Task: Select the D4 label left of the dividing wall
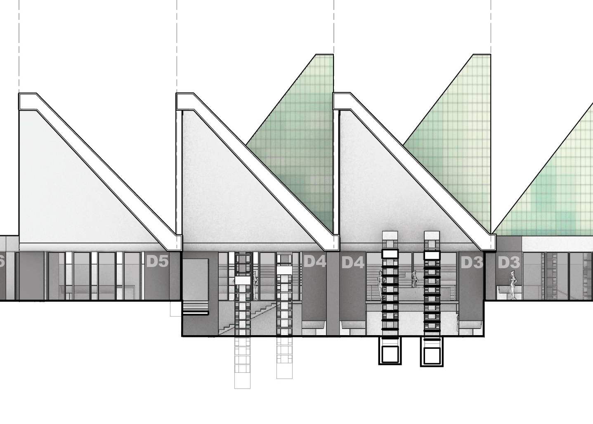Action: point(315,262)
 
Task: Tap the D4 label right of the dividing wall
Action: point(353,263)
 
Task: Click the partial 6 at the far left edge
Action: point(2,262)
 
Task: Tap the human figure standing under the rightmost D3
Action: point(513,285)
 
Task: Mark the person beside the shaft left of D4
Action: point(255,285)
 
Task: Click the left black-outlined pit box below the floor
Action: point(390,351)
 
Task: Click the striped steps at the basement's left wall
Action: point(196,308)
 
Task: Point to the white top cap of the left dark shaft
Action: point(390,254)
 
